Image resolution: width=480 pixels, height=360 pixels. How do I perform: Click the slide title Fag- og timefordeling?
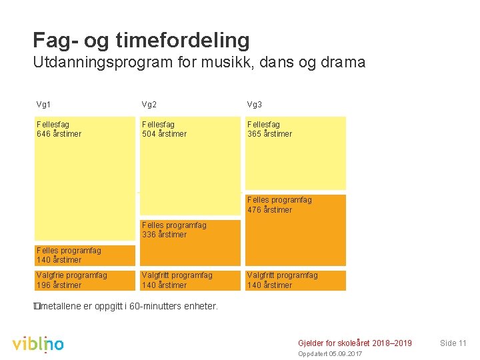coord(141,40)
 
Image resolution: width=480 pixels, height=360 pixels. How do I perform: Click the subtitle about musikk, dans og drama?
coord(199,63)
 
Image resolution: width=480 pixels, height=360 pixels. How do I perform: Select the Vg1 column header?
coord(43,105)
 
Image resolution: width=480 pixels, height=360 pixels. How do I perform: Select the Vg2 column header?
coord(149,105)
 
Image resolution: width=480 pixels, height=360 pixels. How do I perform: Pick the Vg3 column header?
coord(255,105)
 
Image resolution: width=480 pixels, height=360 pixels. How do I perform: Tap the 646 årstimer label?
coord(59,134)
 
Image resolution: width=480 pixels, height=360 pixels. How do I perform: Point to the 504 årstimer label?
coord(164,134)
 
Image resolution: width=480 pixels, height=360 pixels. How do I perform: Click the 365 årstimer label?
coord(269,134)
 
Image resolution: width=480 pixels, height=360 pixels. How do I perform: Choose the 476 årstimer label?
coord(269,210)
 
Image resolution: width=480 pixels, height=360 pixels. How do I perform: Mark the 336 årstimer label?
coord(164,235)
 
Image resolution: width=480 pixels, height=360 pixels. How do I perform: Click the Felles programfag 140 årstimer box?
coord(85,255)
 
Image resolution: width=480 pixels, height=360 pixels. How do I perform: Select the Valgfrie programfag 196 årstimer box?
coord(85,280)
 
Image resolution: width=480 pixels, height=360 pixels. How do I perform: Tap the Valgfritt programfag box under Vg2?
coord(190,280)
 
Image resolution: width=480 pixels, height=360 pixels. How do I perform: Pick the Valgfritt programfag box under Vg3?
coord(295,280)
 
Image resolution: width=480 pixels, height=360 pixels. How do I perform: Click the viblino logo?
coord(38,344)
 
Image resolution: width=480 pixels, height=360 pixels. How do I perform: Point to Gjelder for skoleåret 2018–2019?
coord(355,343)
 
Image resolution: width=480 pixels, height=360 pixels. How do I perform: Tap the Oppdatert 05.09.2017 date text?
coord(330,353)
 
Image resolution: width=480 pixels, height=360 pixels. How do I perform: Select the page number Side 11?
coord(453,343)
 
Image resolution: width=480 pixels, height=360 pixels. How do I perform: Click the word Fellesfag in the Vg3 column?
coord(263,125)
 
